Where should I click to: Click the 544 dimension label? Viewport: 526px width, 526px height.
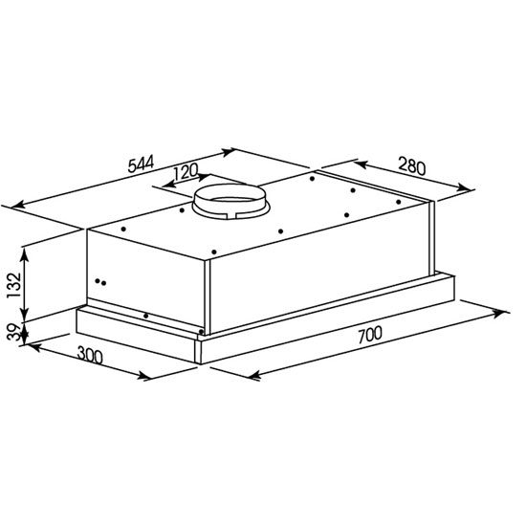(141, 164)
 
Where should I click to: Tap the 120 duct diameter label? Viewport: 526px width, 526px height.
(186, 171)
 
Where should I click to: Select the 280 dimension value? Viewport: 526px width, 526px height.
(411, 166)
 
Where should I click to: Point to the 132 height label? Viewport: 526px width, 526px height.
(14, 285)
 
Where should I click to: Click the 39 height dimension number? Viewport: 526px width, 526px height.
(14, 332)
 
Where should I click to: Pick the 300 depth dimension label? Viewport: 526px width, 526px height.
(90, 355)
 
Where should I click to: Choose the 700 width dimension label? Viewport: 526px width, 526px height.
(370, 335)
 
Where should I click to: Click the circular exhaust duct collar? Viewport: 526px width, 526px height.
(230, 202)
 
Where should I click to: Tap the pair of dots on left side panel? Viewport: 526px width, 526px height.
(100, 282)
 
